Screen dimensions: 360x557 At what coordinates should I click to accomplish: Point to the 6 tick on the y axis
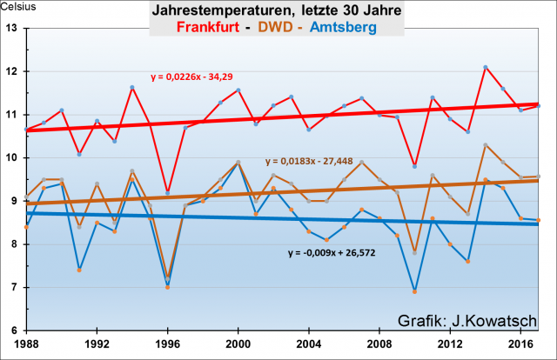point(16,331)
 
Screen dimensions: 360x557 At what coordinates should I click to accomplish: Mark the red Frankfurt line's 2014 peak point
point(486,67)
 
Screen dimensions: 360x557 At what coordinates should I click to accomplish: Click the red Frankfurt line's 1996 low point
point(167,192)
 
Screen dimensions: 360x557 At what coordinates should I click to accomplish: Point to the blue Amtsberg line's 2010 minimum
point(415,291)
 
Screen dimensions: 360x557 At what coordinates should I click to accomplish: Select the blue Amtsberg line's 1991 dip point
point(79,270)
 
